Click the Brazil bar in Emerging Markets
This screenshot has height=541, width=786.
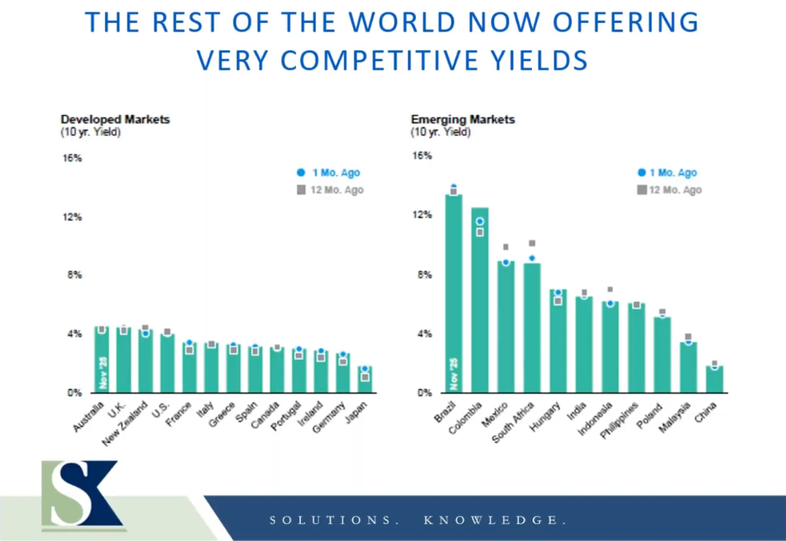click(x=454, y=295)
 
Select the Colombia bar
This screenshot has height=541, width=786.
click(x=480, y=301)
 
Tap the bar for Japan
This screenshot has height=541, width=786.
click(x=365, y=380)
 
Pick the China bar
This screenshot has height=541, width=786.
click(x=715, y=379)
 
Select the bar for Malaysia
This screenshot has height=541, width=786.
click(x=688, y=367)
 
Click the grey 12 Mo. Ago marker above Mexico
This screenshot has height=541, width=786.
click(x=506, y=248)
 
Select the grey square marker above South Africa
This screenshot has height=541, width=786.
click(x=532, y=244)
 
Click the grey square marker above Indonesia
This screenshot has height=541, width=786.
click(x=610, y=289)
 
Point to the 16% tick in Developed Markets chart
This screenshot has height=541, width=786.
click(x=72, y=159)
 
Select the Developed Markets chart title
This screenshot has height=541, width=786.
click(x=115, y=119)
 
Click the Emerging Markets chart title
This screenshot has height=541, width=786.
click(x=462, y=119)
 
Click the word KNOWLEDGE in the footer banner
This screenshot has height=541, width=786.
click(x=495, y=520)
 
